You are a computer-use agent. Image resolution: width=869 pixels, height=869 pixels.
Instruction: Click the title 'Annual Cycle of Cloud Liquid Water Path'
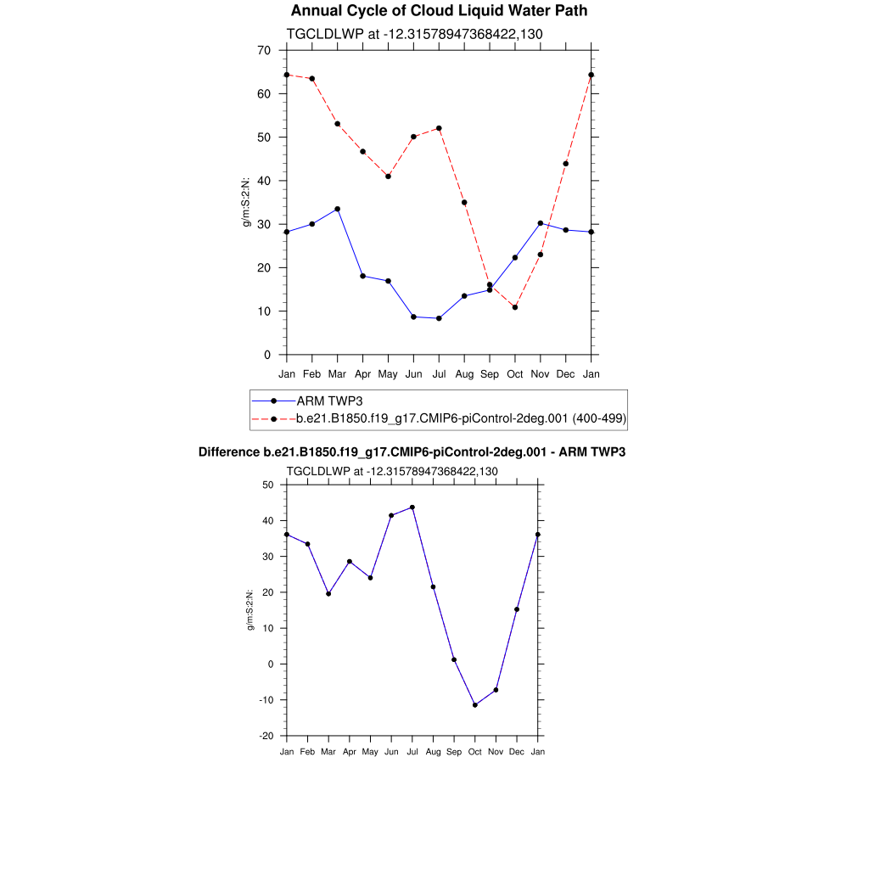pyautogui.click(x=439, y=11)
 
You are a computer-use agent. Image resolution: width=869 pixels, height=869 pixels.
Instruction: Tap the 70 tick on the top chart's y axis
pyautogui.click(x=265, y=51)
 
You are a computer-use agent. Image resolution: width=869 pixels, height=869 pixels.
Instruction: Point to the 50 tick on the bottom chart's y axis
pyautogui.click(x=268, y=485)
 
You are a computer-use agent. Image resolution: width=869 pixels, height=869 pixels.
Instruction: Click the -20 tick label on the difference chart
pyautogui.click(x=266, y=736)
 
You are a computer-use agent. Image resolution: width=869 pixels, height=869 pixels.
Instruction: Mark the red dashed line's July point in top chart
pyautogui.click(x=439, y=128)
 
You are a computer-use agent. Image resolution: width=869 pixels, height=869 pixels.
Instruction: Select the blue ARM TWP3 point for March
pyautogui.click(x=338, y=209)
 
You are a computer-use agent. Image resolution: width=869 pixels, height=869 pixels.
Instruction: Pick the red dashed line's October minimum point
pyautogui.click(x=515, y=307)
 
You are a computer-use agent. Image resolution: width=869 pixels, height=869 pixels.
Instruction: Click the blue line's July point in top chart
pyautogui.click(x=439, y=318)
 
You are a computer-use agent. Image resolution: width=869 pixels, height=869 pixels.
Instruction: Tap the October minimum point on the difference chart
pyautogui.click(x=475, y=705)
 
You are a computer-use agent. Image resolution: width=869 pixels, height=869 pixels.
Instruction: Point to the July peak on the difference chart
pyautogui.click(x=412, y=507)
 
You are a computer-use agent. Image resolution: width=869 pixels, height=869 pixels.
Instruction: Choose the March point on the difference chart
pyautogui.click(x=328, y=594)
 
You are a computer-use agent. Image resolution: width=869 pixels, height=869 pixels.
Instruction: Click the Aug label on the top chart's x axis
pyautogui.click(x=464, y=373)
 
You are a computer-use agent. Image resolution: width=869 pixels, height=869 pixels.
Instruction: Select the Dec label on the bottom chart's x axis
pyautogui.click(x=517, y=752)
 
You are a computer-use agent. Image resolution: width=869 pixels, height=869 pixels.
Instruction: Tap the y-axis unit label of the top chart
pyautogui.click(x=247, y=203)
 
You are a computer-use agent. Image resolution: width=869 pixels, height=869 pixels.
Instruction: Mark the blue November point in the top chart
pyautogui.click(x=541, y=223)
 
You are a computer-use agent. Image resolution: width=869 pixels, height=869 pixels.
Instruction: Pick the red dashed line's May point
pyautogui.click(x=388, y=177)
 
